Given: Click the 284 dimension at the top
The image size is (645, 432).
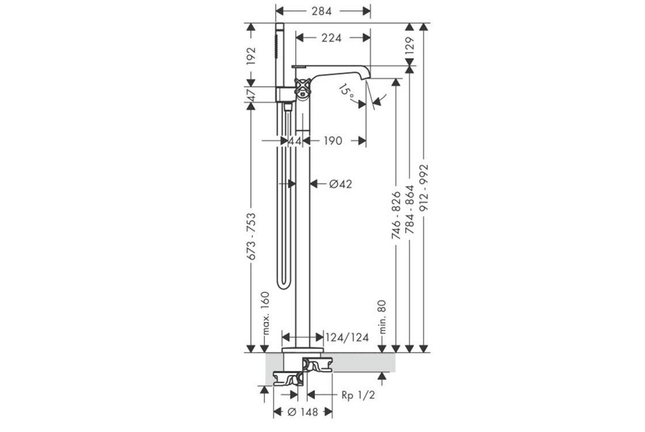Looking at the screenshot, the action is [322, 11].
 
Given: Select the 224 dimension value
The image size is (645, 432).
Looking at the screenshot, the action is [332, 38].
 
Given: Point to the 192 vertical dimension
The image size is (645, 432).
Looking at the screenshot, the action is [251, 56].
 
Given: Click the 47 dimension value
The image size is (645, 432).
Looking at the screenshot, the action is [251, 94].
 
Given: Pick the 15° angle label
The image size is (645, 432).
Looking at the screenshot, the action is [348, 93].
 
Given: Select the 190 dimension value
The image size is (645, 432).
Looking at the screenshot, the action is [333, 141].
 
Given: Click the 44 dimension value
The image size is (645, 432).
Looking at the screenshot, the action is [295, 141].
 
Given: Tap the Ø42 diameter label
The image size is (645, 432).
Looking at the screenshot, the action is [340, 184].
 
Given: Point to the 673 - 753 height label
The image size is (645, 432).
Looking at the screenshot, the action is [251, 236].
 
